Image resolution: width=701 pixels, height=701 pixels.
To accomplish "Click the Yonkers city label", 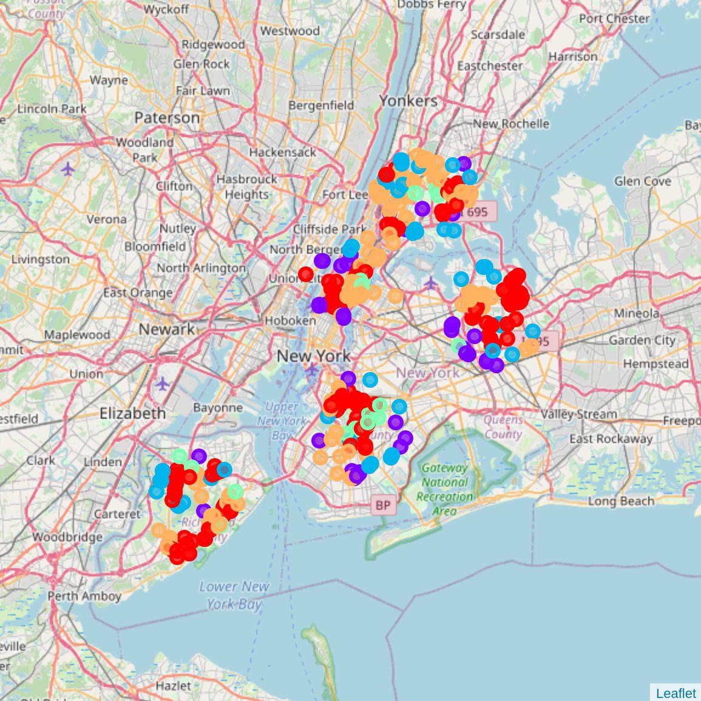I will [408, 101].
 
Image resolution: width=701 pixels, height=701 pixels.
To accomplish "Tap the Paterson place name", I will [167, 118].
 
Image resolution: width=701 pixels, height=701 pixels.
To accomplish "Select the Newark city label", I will [166, 330].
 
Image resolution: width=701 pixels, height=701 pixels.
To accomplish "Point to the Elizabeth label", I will [132, 414].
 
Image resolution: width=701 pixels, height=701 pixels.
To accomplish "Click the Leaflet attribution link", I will [676, 693].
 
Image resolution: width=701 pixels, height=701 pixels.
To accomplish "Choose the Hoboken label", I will [290, 320].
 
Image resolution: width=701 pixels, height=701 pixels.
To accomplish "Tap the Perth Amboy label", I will [84, 596].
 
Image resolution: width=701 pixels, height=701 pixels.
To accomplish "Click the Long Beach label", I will [621, 501].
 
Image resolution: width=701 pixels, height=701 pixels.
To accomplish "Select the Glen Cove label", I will [642, 181].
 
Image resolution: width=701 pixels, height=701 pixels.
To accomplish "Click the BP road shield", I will [382, 505].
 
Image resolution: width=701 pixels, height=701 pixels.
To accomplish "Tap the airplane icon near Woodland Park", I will [68, 169].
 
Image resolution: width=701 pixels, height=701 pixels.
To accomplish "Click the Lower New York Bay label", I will [234, 595].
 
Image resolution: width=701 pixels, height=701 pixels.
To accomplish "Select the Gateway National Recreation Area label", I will [445, 489].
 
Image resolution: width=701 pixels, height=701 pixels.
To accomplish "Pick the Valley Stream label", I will [578, 415].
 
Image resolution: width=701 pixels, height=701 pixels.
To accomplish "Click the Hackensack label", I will [282, 152].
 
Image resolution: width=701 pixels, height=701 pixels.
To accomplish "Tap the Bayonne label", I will [218, 408].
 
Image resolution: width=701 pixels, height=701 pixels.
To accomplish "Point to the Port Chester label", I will [614, 19].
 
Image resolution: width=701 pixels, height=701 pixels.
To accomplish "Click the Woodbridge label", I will [67, 537].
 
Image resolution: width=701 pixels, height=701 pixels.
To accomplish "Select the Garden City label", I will [642, 340].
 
